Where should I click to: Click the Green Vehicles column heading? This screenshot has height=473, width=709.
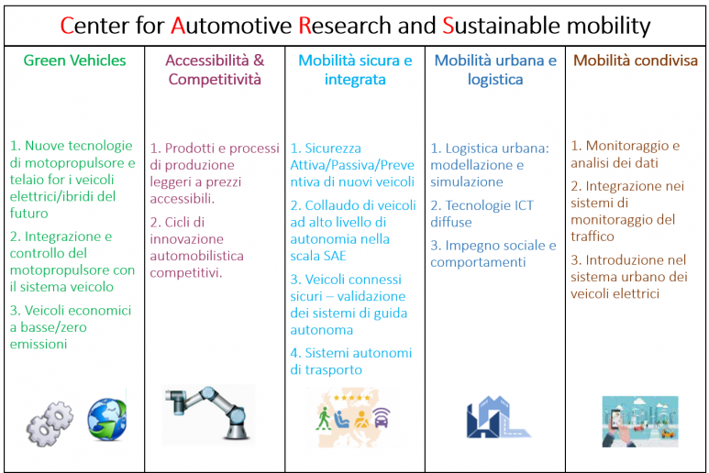point(74,60)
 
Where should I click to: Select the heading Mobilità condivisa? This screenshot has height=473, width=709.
point(636,60)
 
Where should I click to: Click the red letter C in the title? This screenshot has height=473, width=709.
point(67,26)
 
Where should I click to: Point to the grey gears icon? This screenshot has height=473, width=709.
point(50,423)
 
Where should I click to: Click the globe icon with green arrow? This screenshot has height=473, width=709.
point(107,419)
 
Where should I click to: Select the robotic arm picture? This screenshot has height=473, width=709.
point(208,412)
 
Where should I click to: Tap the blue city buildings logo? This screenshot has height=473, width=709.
point(498,417)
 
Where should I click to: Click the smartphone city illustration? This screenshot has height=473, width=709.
point(640,422)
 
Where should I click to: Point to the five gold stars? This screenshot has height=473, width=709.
point(352,398)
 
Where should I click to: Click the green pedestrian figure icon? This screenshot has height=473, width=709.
point(323,418)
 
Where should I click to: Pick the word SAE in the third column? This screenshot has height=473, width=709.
point(334,256)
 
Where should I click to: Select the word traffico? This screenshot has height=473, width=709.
point(593,236)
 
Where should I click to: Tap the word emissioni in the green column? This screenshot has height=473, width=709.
point(39,345)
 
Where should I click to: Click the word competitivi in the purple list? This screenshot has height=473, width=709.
point(186,273)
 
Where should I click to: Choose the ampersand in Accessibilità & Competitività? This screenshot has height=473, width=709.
point(259,60)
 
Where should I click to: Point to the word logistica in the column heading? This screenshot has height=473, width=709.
point(495,80)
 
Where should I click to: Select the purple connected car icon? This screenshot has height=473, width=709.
point(382,418)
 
